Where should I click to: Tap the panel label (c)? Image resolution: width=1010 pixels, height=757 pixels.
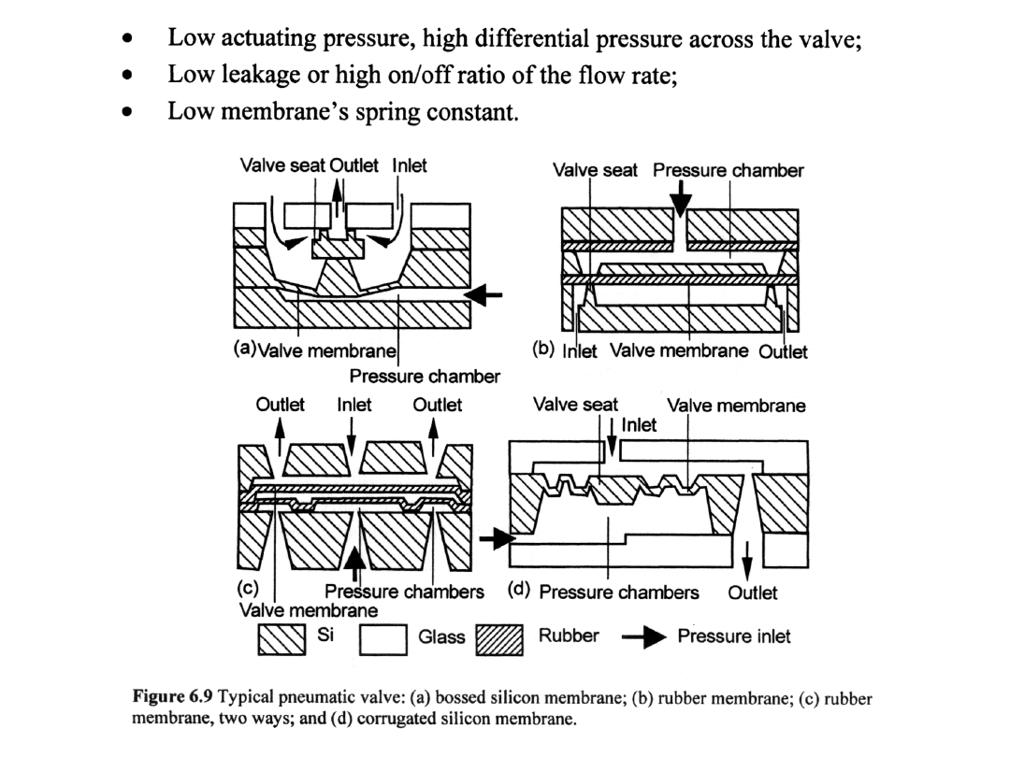[x=246, y=591]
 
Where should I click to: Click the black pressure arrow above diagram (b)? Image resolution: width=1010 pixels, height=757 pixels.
[x=682, y=196]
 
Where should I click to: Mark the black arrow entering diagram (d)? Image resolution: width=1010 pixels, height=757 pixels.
[x=497, y=538]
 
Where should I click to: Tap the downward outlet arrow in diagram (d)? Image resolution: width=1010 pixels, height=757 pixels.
[x=746, y=563]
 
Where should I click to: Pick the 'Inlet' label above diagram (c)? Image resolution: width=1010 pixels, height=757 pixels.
[x=353, y=405]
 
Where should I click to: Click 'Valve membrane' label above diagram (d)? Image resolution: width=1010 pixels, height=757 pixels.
[x=736, y=406]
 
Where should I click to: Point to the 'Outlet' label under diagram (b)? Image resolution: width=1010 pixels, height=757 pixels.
[x=783, y=351]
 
